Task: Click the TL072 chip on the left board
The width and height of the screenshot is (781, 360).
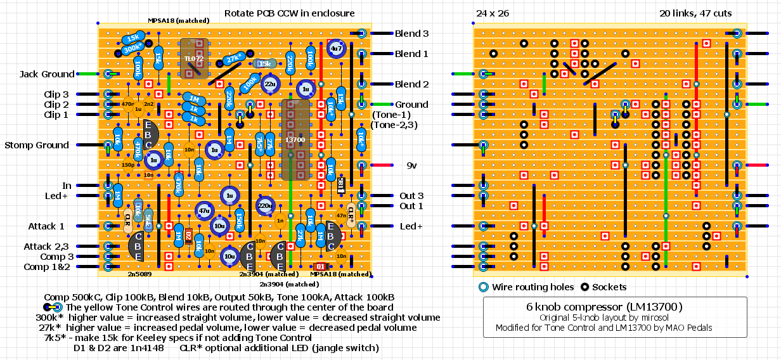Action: tap(194, 58)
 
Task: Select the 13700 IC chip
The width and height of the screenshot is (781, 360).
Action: tap(295, 139)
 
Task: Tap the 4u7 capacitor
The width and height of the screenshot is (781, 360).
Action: tap(337, 48)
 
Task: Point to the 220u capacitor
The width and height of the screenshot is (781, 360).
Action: tap(266, 205)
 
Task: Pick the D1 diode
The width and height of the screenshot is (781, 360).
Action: tap(320, 266)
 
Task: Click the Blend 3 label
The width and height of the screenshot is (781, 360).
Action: tap(411, 34)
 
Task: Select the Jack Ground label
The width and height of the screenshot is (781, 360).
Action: tap(46, 74)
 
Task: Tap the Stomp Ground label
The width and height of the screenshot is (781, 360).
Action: tap(37, 145)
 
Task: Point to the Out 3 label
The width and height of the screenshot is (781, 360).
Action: tap(411, 196)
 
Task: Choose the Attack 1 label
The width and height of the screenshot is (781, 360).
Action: tap(46, 226)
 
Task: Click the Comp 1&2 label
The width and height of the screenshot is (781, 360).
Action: tap(46, 267)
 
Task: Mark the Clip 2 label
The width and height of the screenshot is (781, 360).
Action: tap(56, 105)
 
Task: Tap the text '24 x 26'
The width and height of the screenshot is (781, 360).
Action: tap(493, 13)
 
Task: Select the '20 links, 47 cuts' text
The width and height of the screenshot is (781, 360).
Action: tap(695, 13)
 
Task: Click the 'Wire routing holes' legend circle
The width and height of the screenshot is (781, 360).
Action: tap(483, 287)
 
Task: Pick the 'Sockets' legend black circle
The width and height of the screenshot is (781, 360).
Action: tap(585, 287)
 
